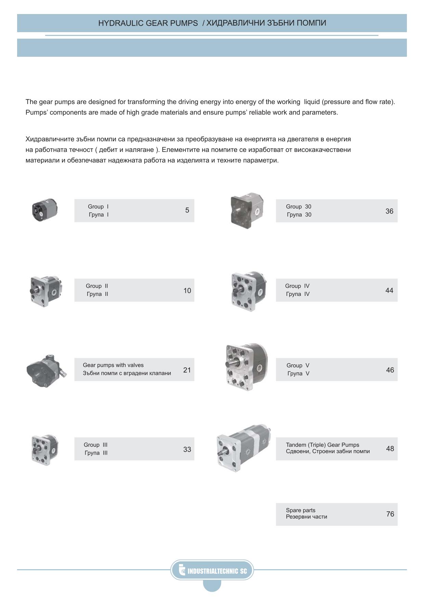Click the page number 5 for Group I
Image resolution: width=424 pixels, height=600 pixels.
187,210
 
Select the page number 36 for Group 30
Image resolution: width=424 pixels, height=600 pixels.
389,211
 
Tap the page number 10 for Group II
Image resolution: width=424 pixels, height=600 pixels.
187,291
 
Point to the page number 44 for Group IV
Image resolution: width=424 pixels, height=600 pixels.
389,291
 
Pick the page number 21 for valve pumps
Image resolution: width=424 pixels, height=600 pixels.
187,370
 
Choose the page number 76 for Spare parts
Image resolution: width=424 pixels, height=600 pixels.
390,514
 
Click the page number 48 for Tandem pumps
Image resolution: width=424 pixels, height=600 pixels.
390,449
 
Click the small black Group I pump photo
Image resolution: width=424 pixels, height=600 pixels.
44,210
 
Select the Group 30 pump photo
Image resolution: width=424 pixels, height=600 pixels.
247,210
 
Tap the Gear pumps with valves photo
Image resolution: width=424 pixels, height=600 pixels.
46,370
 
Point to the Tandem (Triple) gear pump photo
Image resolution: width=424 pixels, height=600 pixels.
243,448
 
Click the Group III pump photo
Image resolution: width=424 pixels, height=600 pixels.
45,449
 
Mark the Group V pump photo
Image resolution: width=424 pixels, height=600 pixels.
246,367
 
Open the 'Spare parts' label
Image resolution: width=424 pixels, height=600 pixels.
300,510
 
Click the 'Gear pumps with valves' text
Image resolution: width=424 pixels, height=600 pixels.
113,365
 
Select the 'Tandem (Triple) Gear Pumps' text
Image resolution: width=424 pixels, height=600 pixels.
322,445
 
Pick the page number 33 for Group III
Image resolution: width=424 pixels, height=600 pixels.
187,449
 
